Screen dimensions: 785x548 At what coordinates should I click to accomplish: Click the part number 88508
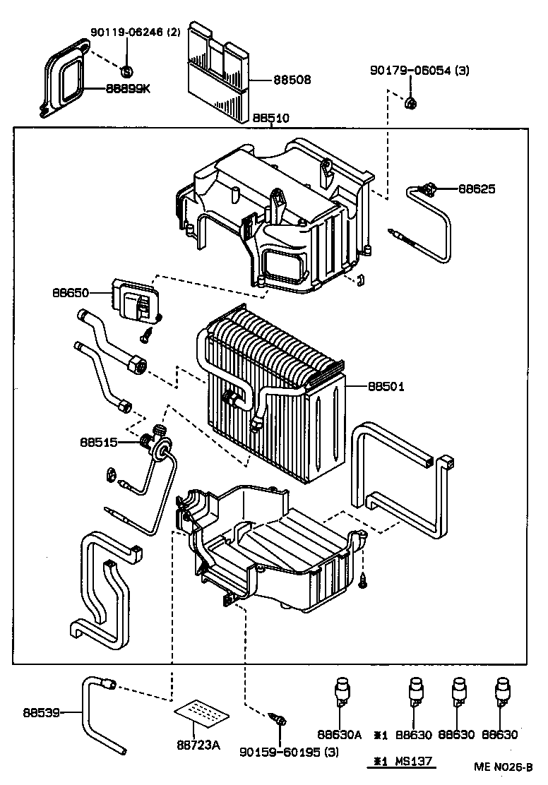[x=292, y=80]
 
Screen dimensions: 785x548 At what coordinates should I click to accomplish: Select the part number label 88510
[x=270, y=118]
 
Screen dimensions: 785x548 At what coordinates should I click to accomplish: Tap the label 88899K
[x=128, y=89]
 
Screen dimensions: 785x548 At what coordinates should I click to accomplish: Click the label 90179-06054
[x=411, y=71]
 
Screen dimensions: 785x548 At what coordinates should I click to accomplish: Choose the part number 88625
[x=477, y=188]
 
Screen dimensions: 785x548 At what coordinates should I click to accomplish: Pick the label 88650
[x=71, y=292]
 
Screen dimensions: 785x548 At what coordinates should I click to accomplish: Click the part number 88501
[x=386, y=386]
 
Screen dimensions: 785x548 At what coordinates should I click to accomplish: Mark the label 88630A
[x=339, y=735]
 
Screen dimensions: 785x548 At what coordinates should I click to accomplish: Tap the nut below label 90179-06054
[x=410, y=104]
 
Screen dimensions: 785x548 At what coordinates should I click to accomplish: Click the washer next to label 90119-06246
[x=126, y=71]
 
